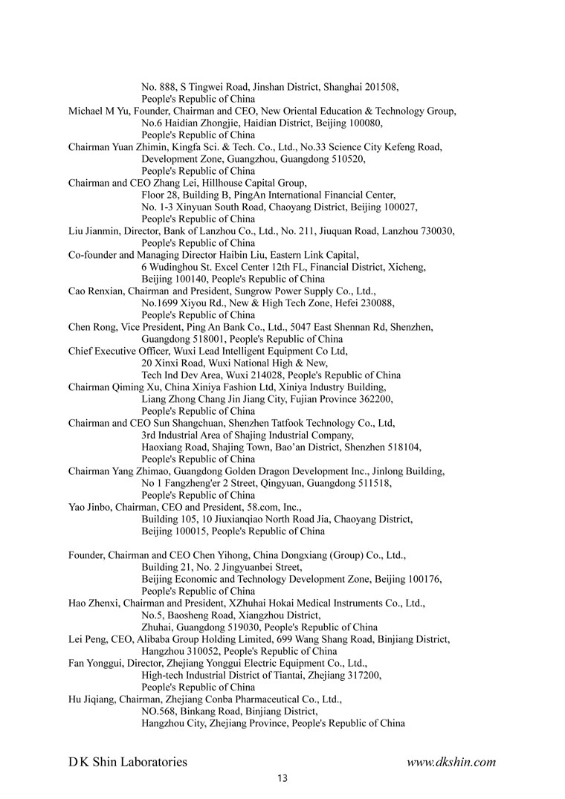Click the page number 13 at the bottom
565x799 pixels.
click(282, 779)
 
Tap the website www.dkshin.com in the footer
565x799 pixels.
click(451, 762)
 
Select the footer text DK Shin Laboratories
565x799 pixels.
click(128, 762)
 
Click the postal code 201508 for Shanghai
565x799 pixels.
click(382, 87)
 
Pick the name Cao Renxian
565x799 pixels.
click(94, 291)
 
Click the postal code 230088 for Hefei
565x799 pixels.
click(375, 303)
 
